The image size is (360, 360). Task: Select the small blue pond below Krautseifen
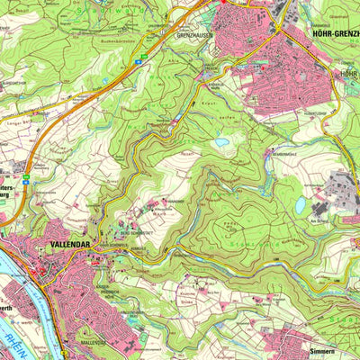point(221,141)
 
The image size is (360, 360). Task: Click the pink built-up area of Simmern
point(306,342)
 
